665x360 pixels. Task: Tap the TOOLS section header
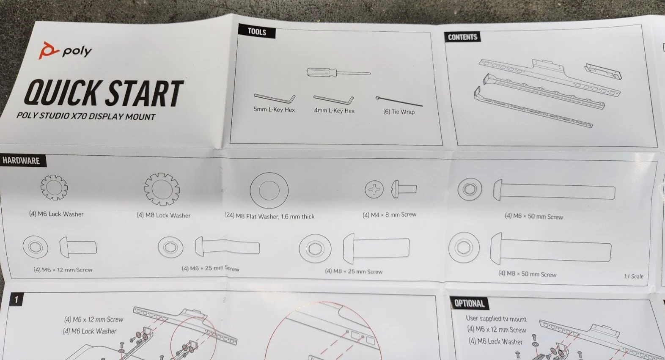coord(257,31)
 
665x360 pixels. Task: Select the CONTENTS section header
coord(462,37)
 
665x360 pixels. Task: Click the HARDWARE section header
coord(22,161)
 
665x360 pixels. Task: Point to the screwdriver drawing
coord(338,72)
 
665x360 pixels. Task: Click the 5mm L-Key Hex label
coord(274,110)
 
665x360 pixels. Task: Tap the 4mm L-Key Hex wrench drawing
coord(334,99)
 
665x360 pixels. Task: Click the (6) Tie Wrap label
coord(398,112)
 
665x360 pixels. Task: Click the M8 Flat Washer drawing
coord(269,178)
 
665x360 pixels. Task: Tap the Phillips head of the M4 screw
coord(374,189)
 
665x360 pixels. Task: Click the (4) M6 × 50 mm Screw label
coord(534,216)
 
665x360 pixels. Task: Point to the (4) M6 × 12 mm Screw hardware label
coord(63,270)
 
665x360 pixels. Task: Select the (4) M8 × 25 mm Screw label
coord(354,271)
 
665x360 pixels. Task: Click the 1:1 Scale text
coord(634,276)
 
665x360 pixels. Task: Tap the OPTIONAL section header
coord(469,303)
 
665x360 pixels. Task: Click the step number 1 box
coord(16,300)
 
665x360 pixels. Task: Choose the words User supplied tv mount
coord(496,319)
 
